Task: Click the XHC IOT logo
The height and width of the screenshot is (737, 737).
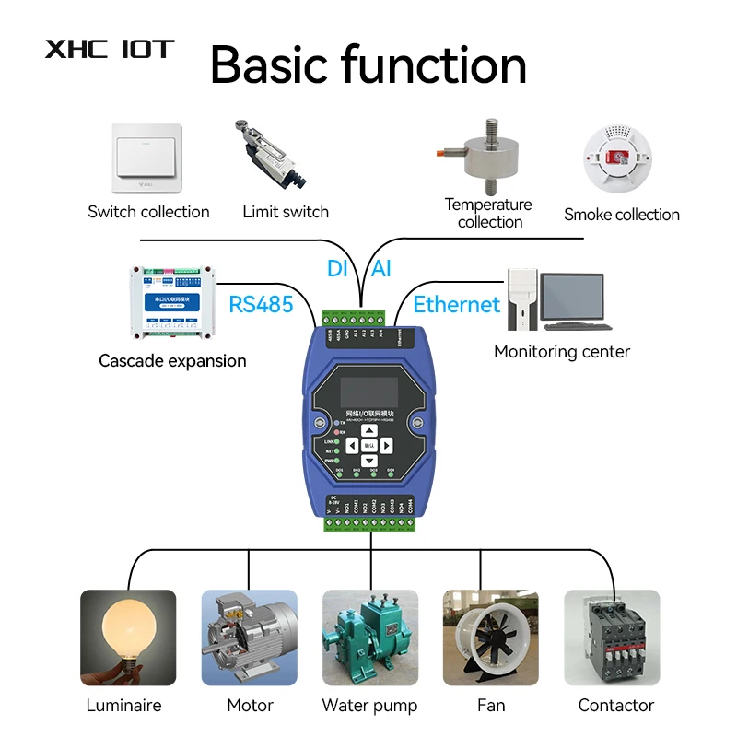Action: (x=110, y=49)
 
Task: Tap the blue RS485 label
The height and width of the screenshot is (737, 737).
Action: (x=261, y=303)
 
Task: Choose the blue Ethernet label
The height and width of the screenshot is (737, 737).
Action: (x=456, y=305)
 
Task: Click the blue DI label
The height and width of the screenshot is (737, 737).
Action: (x=338, y=269)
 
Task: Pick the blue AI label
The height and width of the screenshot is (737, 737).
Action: (x=380, y=269)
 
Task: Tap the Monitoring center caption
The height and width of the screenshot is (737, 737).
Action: (x=562, y=351)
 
